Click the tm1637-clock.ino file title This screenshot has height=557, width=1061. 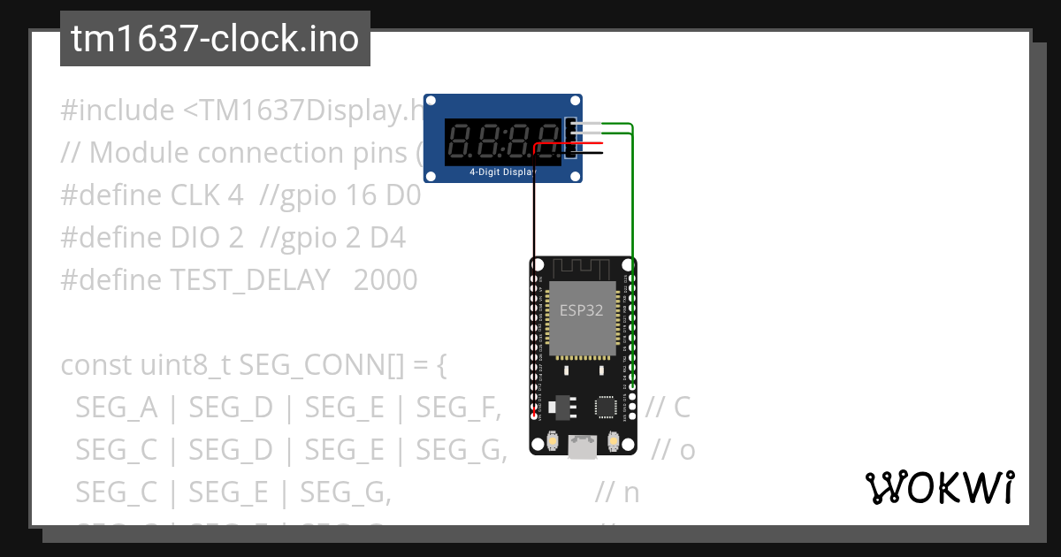point(215,40)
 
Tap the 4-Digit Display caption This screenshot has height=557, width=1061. point(502,172)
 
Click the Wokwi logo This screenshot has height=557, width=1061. point(940,487)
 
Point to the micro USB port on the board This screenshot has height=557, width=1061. point(582,447)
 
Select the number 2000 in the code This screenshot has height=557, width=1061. point(385,280)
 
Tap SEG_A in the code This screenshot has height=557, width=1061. point(117,408)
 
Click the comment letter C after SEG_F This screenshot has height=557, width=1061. point(680,408)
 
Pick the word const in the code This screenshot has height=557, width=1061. point(96,365)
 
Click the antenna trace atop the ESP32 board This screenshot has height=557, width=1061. point(583,267)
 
